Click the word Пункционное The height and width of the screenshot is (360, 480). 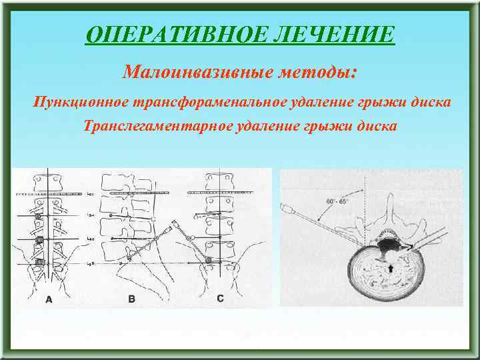81,103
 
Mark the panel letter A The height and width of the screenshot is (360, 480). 49,299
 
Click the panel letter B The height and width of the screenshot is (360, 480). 131,299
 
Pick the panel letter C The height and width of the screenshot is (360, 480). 221,299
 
